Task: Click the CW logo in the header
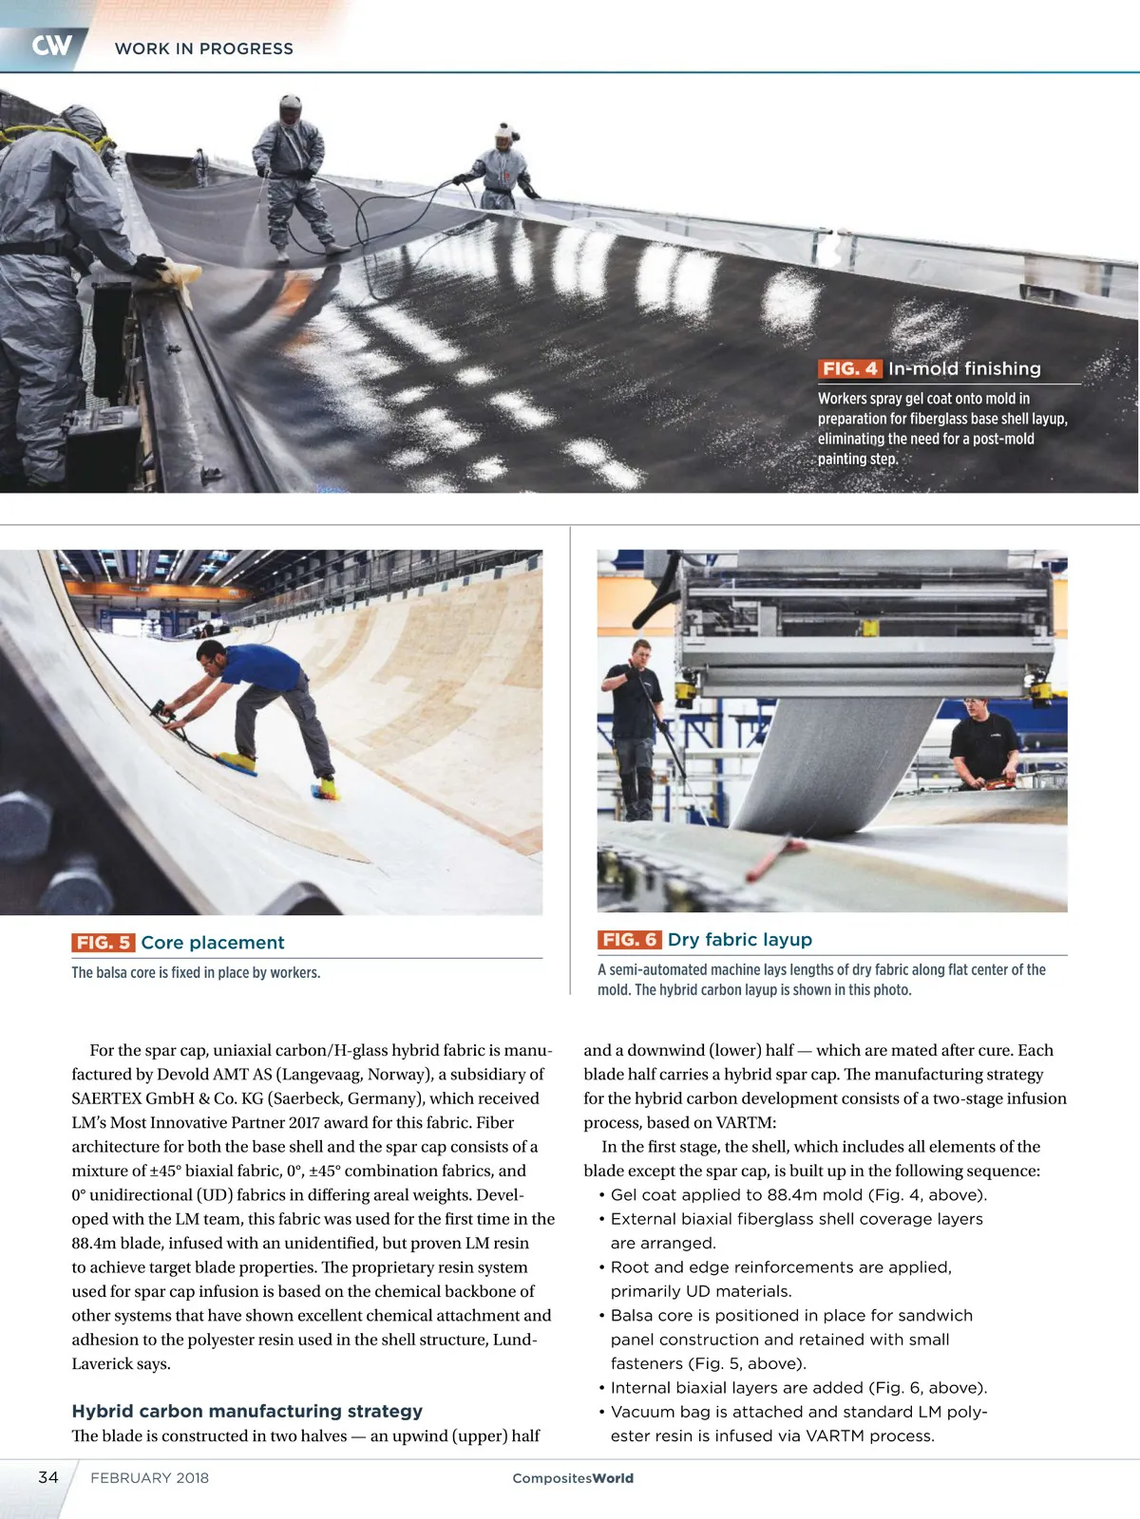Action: pyautogui.click(x=51, y=46)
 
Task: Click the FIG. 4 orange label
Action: pyautogui.click(x=849, y=368)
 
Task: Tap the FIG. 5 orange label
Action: pyautogui.click(x=103, y=942)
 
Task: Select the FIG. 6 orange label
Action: pyautogui.click(x=629, y=939)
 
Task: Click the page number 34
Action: pyautogui.click(x=48, y=1477)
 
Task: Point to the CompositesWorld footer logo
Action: pyautogui.click(x=573, y=1478)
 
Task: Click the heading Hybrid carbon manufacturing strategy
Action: pyautogui.click(x=247, y=1411)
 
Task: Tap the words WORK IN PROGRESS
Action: pyautogui.click(x=204, y=48)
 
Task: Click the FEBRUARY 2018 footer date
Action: pyautogui.click(x=149, y=1478)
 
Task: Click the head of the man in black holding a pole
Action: pyautogui.click(x=642, y=652)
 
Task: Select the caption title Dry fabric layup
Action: pyautogui.click(x=739, y=939)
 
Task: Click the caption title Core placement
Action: pyautogui.click(x=213, y=942)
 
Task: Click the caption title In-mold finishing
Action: pyautogui.click(x=964, y=368)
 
